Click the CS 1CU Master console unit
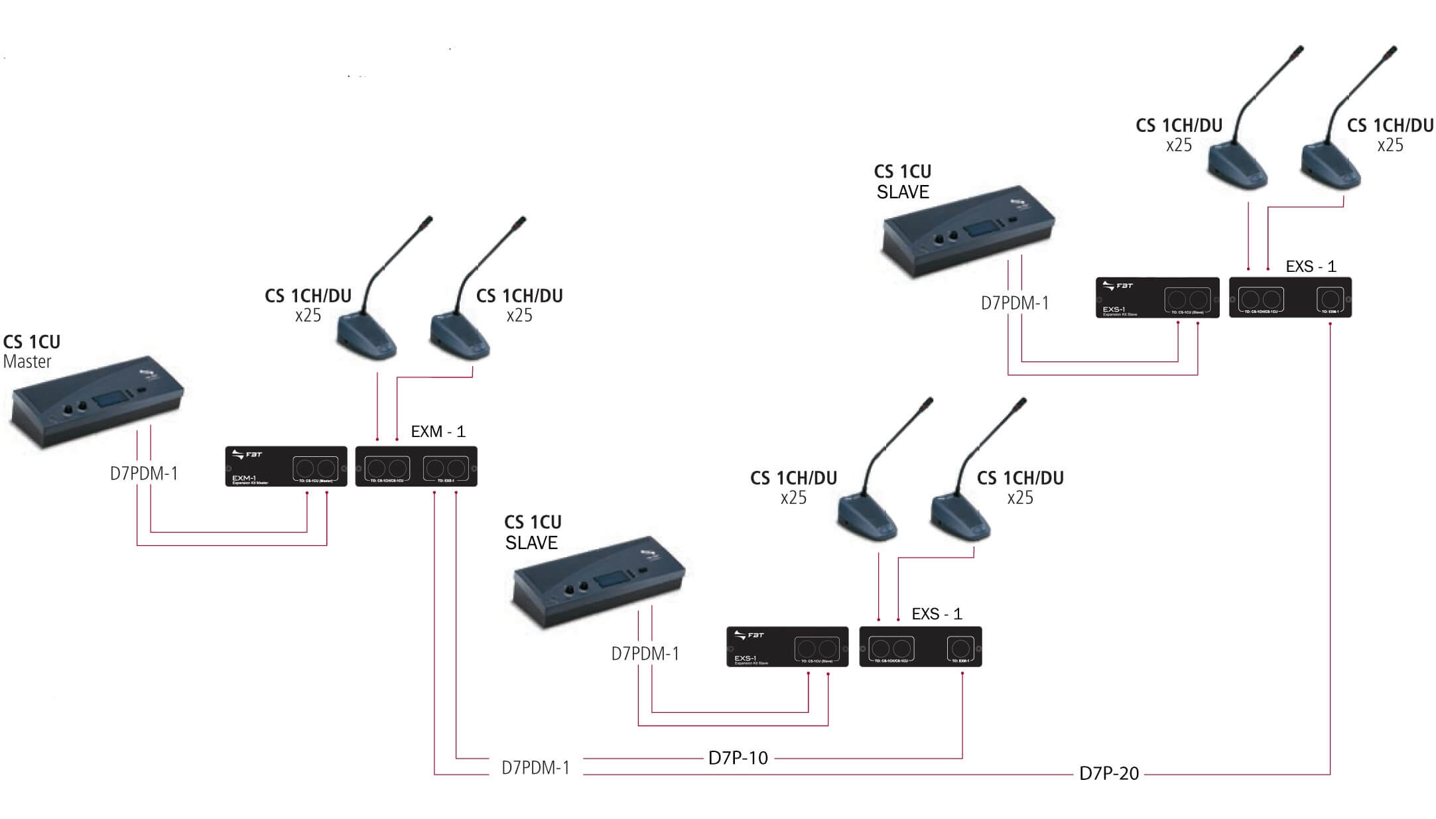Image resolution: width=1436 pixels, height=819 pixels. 96,405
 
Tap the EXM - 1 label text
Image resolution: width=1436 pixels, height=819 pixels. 438,432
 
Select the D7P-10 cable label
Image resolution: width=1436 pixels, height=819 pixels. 738,758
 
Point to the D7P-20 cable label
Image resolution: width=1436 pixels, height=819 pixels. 1108,773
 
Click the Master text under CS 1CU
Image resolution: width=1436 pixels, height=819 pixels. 27,362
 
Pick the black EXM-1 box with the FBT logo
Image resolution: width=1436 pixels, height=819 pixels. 286,466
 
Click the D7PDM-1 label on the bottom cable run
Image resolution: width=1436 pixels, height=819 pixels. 535,768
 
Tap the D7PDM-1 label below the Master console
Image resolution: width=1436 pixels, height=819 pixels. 144,473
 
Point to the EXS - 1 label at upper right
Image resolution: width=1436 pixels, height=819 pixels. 1311,267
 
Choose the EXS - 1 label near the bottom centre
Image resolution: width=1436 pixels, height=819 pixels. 937,614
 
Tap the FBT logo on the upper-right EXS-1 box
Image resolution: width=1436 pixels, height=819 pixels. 1118,286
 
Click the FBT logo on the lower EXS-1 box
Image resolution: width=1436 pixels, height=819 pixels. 749,635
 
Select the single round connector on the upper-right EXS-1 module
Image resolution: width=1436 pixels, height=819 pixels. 1330,298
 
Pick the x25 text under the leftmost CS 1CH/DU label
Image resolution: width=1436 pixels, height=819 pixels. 308,316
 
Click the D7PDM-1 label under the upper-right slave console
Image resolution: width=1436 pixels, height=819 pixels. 1015,304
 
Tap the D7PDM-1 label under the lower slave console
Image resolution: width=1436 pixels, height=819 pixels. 645,654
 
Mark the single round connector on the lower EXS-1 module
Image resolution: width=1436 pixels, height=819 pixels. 960,648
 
